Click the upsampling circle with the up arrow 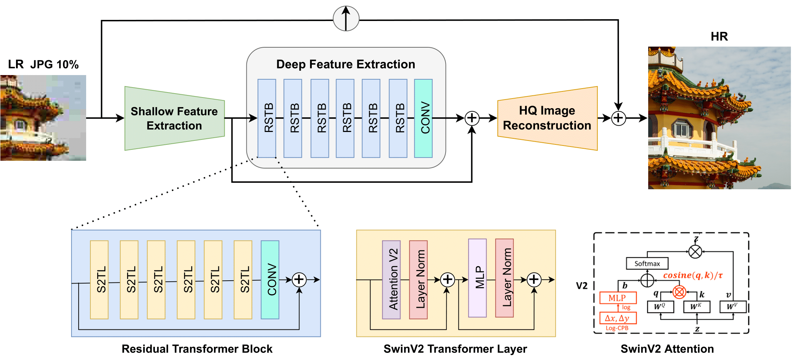[x=346, y=18]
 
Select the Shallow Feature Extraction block [x=174, y=118]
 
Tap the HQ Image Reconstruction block [x=547, y=118]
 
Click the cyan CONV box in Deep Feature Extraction [x=423, y=118]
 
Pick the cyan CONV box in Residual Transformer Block [x=270, y=280]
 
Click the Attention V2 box [x=391, y=280]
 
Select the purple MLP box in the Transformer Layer [x=477, y=278]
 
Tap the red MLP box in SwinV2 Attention [x=618, y=298]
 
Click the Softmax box [x=647, y=264]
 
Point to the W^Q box [x=660, y=307]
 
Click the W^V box [x=733, y=307]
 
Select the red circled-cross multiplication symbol [x=679, y=292]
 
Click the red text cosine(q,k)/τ [x=693, y=275]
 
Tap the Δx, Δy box [x=618, y=318]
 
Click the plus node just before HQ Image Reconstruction [x=472, y=118]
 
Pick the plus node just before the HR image [x=618, y=118]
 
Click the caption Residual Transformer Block [x=197, y=349]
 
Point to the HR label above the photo [x=719, y=36]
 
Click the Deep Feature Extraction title [x=346, y=64]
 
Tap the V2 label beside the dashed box [x=582, y=286]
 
